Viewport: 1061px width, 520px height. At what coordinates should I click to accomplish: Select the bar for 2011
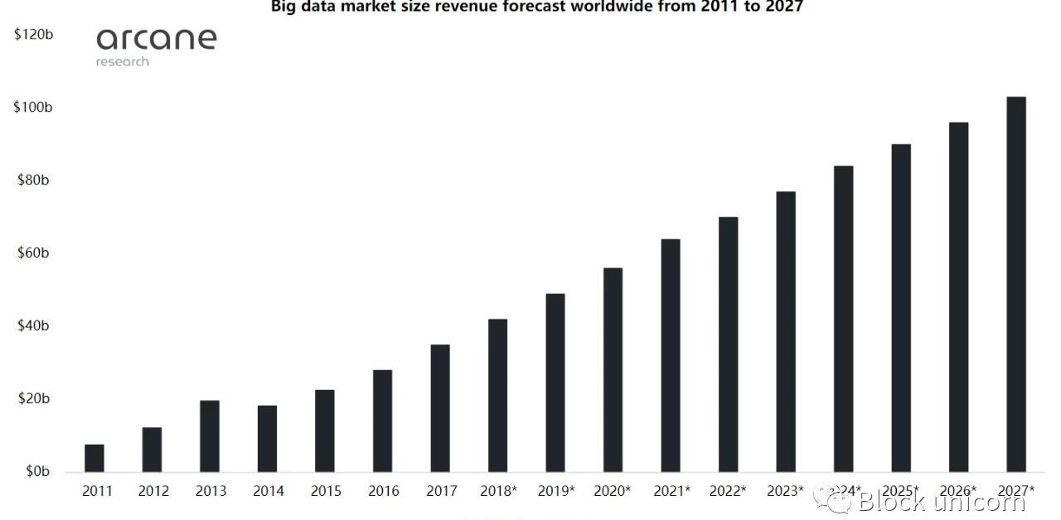[94, 458]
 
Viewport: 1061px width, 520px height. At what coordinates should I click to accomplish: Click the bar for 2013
[210, 436]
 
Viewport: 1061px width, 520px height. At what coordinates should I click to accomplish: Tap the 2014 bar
[267, 438]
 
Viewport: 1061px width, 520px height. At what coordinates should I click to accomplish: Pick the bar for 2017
[440, 408]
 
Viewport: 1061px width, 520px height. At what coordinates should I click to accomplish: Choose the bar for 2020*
[613, 369]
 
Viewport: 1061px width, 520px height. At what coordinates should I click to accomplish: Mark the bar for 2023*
[786, 331]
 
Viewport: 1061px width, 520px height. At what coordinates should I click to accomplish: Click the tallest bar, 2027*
[1016, 284]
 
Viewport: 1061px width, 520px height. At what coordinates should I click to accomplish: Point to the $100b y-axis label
[32, 108]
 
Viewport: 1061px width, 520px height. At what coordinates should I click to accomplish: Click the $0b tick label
[36, 471]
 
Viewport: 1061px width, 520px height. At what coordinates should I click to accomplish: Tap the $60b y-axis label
[33, 253]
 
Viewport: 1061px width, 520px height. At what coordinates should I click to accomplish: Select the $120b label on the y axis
[32, 35]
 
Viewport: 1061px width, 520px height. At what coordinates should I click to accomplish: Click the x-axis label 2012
[153, 491]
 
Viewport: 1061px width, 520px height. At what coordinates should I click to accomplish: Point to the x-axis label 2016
[384, 491]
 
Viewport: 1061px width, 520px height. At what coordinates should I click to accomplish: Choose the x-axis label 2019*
[556, 491]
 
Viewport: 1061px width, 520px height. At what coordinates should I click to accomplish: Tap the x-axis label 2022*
[729, 491]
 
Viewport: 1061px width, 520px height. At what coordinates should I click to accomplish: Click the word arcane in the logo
[156, 39]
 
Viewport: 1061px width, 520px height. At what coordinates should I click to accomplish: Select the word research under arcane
[123, 62]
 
